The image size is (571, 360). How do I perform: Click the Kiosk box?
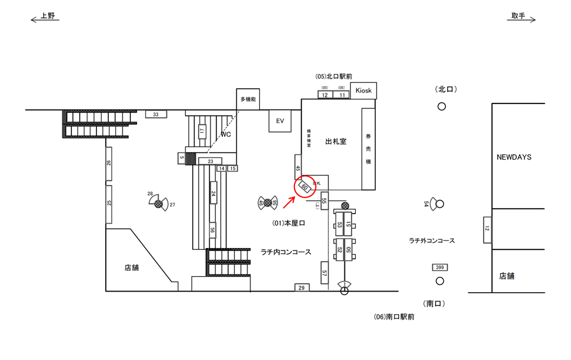[x=363, y=90]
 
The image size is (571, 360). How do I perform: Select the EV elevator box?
[x=280, y=121]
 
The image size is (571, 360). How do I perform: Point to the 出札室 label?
[x=336, y=142]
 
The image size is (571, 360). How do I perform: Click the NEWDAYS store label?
[x=514, y=157]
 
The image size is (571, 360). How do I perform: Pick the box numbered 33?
[x=156, y=114]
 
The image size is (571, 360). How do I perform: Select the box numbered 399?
[x=440, y=267]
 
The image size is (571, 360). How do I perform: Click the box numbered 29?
[x=302, y=288]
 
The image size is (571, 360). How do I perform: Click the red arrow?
[x=288, y=202]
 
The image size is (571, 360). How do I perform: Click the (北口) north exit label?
[x=445, y=89]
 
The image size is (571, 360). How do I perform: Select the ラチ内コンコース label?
[x=285, y=252]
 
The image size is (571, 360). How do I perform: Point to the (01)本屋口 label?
[x=288, y=223]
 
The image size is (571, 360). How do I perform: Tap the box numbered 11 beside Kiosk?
[x=342, y=95]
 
